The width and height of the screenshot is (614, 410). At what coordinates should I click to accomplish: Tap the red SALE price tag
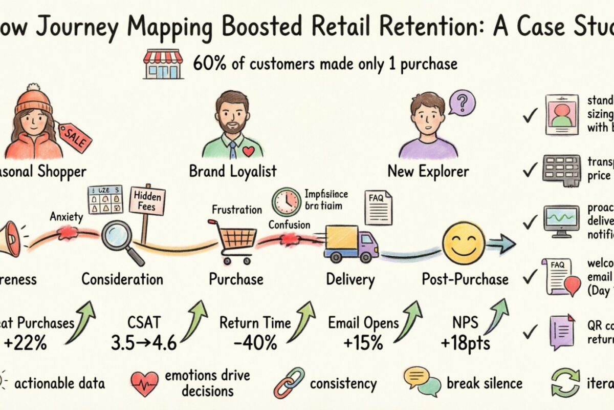75,138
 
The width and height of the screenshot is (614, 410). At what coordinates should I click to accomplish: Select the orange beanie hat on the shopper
34,99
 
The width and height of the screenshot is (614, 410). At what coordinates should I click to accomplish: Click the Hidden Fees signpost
148,202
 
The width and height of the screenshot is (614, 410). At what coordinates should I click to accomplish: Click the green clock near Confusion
286,202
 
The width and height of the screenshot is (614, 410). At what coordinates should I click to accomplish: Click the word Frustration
236,210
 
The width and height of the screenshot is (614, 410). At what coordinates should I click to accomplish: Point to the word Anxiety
67,217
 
